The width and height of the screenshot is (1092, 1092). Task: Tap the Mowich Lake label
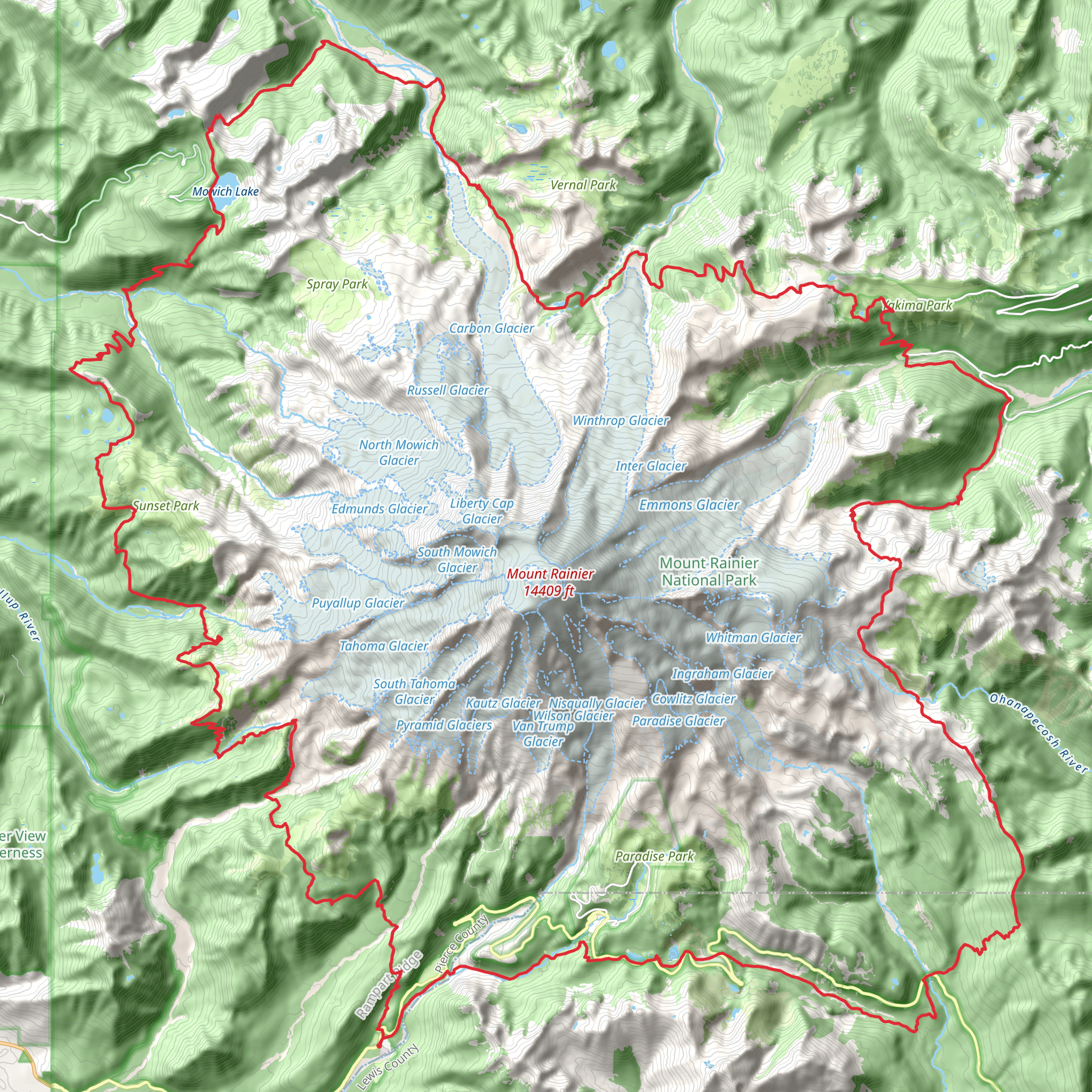[x=225, y=191]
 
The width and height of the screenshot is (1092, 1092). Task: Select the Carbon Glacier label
[x=491, y=328]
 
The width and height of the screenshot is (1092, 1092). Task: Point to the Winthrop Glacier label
[x=620, y=421]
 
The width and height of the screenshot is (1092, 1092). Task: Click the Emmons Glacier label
[x=688, y=505]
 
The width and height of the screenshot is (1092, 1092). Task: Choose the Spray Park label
[x=337, y=284]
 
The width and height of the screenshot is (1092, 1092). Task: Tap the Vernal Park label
[x=583, y=185]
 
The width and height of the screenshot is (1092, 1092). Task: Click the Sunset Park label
[x=166, y=506]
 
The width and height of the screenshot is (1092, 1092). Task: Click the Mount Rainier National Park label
[x=709, y=572]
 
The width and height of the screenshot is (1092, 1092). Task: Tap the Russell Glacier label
[x=448, y=390]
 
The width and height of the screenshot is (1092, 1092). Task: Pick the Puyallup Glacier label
[x=358, y=603]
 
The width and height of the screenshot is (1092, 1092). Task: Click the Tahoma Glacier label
[x=384, y=646]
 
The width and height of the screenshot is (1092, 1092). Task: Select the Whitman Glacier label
[x=753, y=638]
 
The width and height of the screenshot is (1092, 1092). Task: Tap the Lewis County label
[x=389, y=1066]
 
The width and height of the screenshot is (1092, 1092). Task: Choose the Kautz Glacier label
[x=503, y=703]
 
